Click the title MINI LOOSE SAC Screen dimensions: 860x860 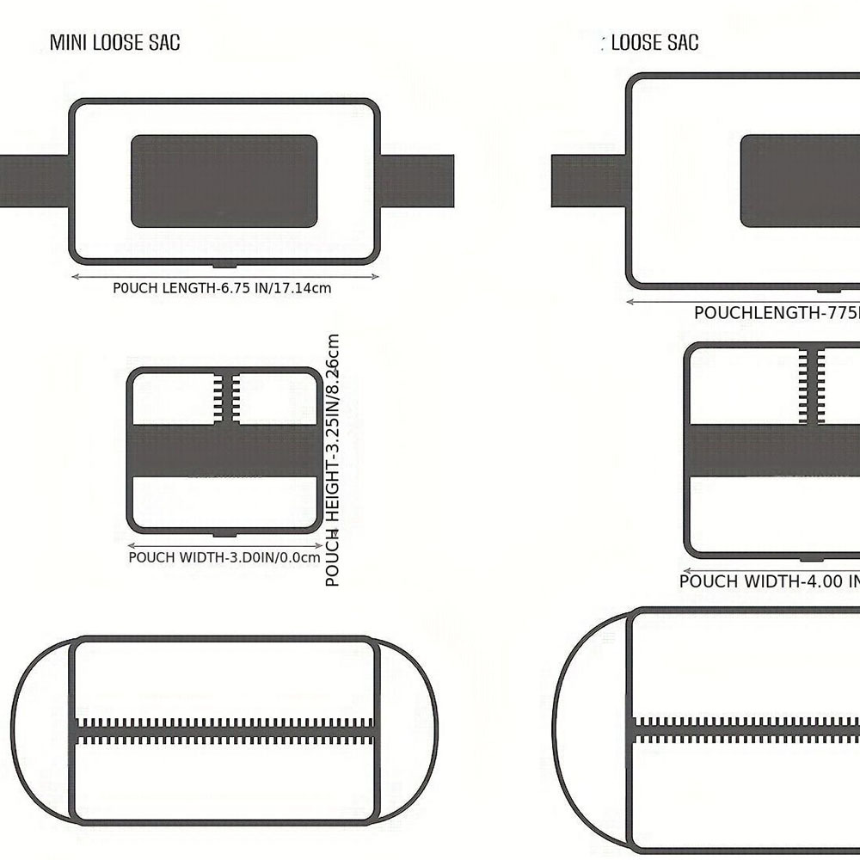(114, 42)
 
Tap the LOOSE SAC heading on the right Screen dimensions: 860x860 (654, 42)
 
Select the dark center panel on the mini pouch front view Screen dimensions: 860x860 (224, 181)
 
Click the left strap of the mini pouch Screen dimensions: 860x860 (34, 181)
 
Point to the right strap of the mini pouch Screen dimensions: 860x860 (416, 181)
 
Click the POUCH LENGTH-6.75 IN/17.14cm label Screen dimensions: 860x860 (222, 288)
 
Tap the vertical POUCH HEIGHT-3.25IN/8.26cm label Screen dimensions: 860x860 (334, 460)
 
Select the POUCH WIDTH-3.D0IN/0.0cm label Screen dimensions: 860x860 (224, 557)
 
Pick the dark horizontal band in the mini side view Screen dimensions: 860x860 (224, 451)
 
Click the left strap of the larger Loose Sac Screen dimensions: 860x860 (587, 181)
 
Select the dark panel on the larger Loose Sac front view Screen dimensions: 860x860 (800, 181)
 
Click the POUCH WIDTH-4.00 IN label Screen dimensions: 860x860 (769, 581)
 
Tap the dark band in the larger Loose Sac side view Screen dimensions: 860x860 (774, 447)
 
